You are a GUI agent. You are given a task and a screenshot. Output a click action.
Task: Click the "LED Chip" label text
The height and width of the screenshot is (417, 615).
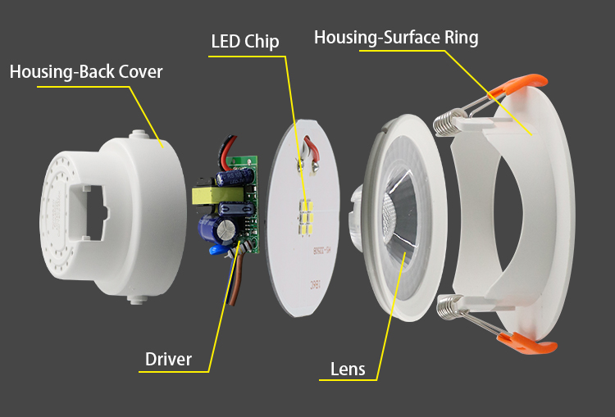coord(244,41)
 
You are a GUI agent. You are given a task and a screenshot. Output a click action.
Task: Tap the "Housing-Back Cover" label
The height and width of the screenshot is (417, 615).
coord(86,71)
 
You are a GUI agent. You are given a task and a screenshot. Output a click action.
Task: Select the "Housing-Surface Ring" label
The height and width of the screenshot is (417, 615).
coord(396,38)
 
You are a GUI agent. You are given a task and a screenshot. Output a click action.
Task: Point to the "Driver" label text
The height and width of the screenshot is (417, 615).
coord(168,359)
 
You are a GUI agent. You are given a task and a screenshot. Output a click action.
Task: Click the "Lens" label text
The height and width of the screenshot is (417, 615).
coord(348,369)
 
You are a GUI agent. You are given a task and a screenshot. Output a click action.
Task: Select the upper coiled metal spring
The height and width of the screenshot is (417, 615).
coord(444,123)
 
